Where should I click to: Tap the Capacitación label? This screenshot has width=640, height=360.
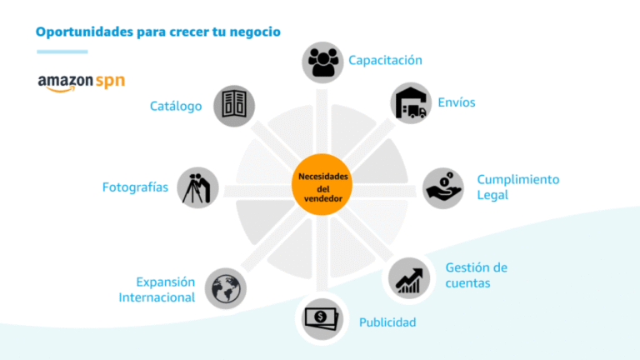(385, 60)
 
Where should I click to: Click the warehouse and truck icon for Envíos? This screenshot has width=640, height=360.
(410, 103)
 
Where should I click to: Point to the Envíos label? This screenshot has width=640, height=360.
(457, 102)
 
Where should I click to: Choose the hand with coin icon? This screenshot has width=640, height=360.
(443, 188)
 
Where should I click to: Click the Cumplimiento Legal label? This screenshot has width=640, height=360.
(517, 187)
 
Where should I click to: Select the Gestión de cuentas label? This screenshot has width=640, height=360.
(476, 275)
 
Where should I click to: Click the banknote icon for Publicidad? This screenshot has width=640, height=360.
(322, 318)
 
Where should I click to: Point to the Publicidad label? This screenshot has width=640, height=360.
(387, 322)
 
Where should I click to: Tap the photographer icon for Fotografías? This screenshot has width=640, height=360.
(198, 187)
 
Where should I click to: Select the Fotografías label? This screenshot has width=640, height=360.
(135, 187)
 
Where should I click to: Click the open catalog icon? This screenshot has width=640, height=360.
(234, 106)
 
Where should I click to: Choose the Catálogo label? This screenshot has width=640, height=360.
(176, 106)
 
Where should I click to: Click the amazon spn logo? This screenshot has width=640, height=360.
(81, 82)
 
